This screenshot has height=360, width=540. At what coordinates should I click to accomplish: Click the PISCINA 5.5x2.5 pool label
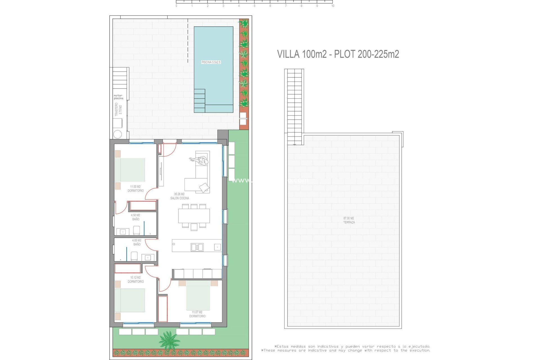coord(211,62)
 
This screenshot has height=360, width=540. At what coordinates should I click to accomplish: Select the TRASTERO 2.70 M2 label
coord(118,109)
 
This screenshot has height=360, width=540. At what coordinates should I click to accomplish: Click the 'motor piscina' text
coord(118,97)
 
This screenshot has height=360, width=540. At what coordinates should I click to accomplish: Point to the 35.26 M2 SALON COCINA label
coord(179,196)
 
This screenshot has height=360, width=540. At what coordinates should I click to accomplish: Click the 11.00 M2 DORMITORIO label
coord(136,189)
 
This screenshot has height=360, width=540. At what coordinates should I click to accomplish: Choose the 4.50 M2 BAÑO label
coord(136,217)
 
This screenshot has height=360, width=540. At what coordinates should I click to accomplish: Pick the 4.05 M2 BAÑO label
coord(137,242)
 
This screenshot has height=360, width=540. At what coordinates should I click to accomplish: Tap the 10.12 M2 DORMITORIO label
coord(136,280)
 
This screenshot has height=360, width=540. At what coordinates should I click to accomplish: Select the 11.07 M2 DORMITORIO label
coord(197,314)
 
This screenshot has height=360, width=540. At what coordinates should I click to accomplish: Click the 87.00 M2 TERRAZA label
coord(349,220)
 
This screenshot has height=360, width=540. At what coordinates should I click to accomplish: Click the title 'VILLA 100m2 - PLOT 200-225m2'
coord(338,54)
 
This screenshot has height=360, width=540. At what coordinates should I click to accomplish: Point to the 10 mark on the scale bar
coord(333,6)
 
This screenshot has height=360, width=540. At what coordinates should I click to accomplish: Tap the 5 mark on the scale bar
coord(255,6)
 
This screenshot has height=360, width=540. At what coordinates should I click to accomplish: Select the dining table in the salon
coord(194,216)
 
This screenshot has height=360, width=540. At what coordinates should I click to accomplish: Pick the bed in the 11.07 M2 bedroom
coord(198,295)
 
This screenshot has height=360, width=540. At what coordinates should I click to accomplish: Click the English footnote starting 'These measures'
coord(346,350)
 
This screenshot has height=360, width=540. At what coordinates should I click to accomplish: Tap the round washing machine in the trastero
coord(118,134)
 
